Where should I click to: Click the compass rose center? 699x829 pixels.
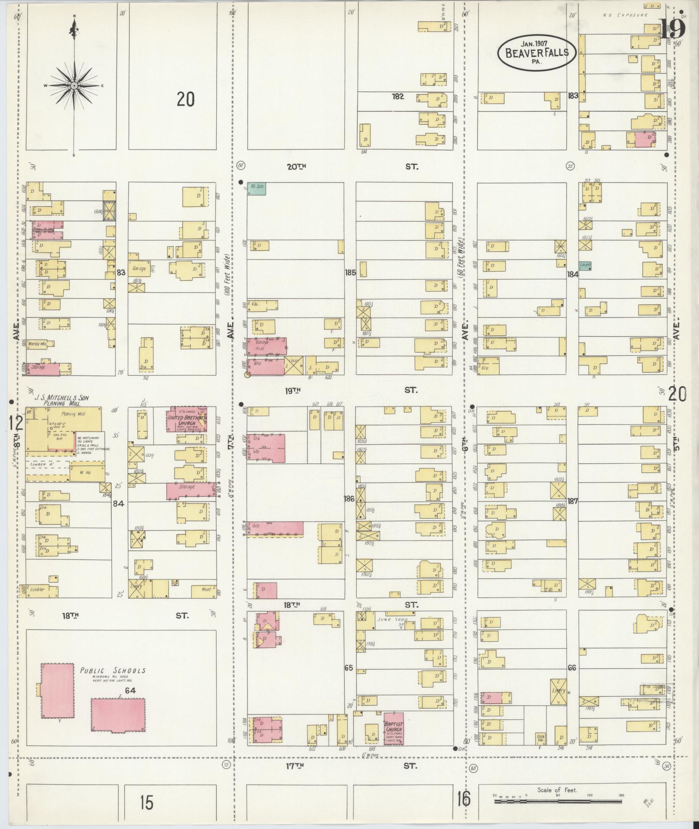74,86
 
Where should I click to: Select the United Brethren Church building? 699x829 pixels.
187,419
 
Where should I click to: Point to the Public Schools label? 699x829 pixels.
112,671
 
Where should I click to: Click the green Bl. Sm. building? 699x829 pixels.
256,188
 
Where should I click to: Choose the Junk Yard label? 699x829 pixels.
388,619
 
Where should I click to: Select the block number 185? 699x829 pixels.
350,273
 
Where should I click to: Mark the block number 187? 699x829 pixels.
572,501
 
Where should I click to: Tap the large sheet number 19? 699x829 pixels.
673,29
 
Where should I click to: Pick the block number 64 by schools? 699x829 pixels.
130,691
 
